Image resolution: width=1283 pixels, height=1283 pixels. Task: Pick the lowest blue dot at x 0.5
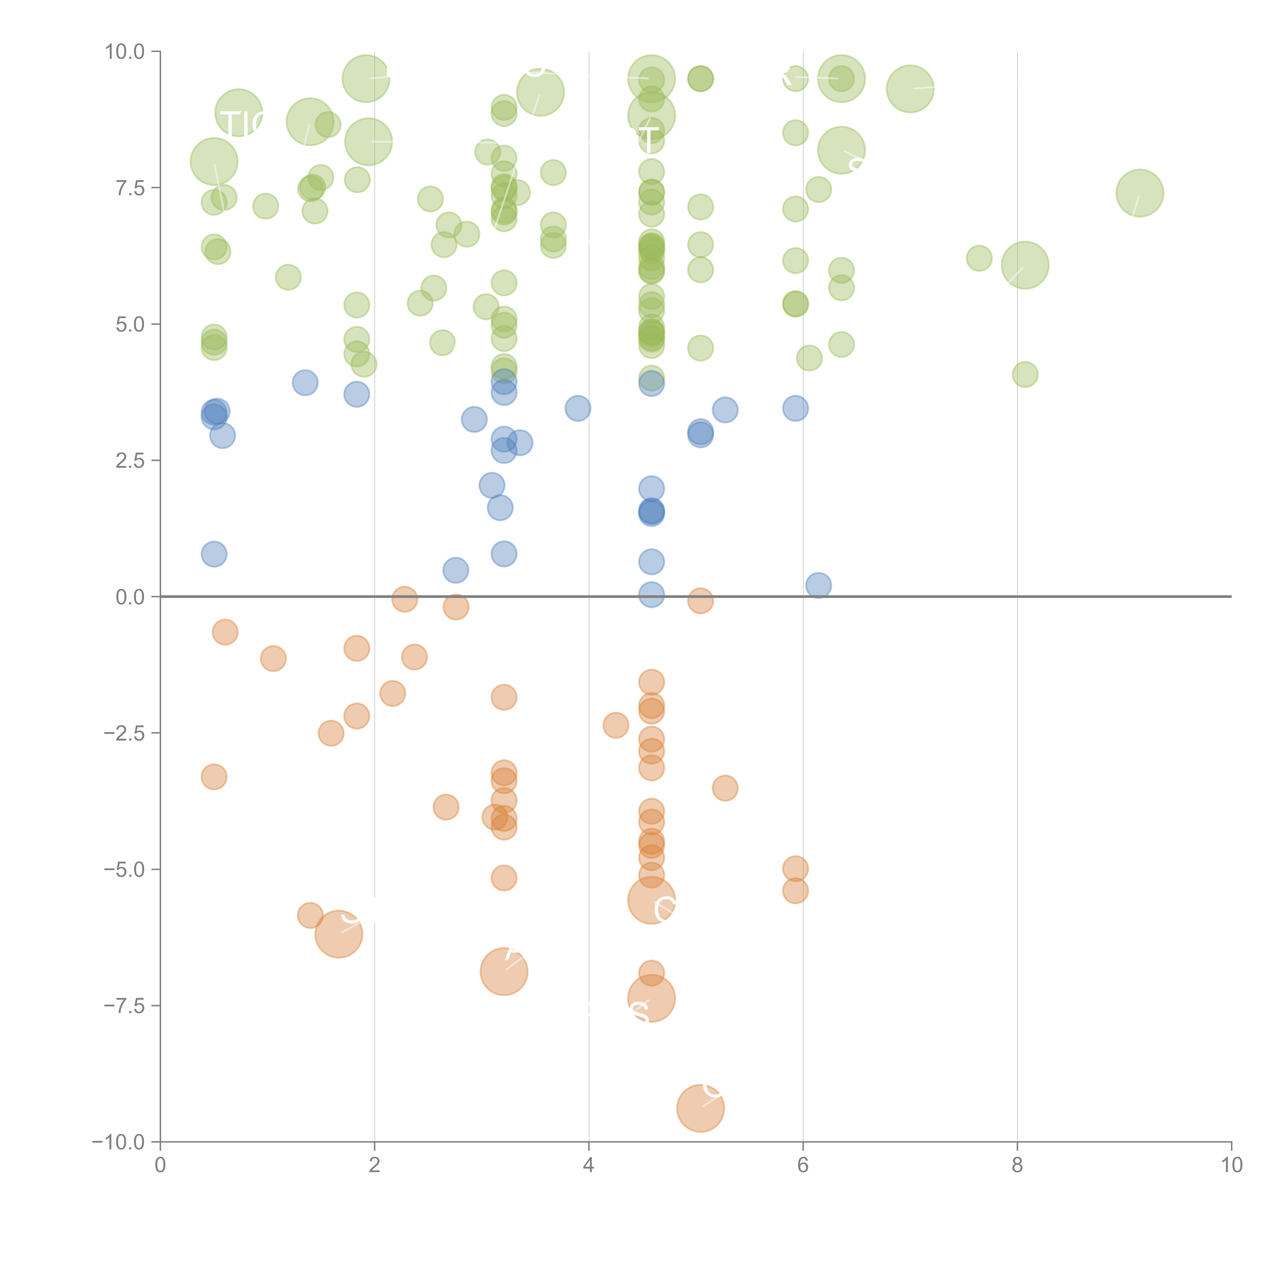pos(214,554)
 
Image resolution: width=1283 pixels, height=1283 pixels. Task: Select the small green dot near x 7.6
pos(979,258)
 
